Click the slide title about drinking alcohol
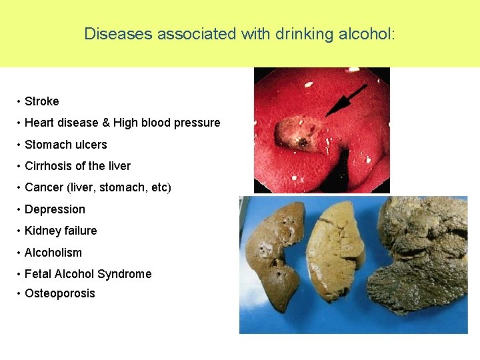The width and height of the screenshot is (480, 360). click(x=239, y=34)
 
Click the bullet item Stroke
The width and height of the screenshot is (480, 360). click(x=41, y=101)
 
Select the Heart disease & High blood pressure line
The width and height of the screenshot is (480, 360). click(x=122, y=123)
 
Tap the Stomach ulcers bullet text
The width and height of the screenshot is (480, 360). click(x=65, y=145)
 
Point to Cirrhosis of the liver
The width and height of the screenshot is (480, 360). click(x=77, y=166)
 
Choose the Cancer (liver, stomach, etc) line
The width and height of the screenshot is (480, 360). click(x=97, y=187)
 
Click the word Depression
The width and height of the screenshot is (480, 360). click(x=55, y=209)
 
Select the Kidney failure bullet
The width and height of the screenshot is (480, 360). click(x=61, y=231)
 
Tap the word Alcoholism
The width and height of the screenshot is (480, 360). click(x=53, y=253)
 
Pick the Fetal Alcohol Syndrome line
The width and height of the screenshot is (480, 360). click(x=88, y=274)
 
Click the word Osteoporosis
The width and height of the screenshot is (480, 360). click(x=60, y=293)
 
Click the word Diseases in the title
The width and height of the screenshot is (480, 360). click(x=118, y=34)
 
